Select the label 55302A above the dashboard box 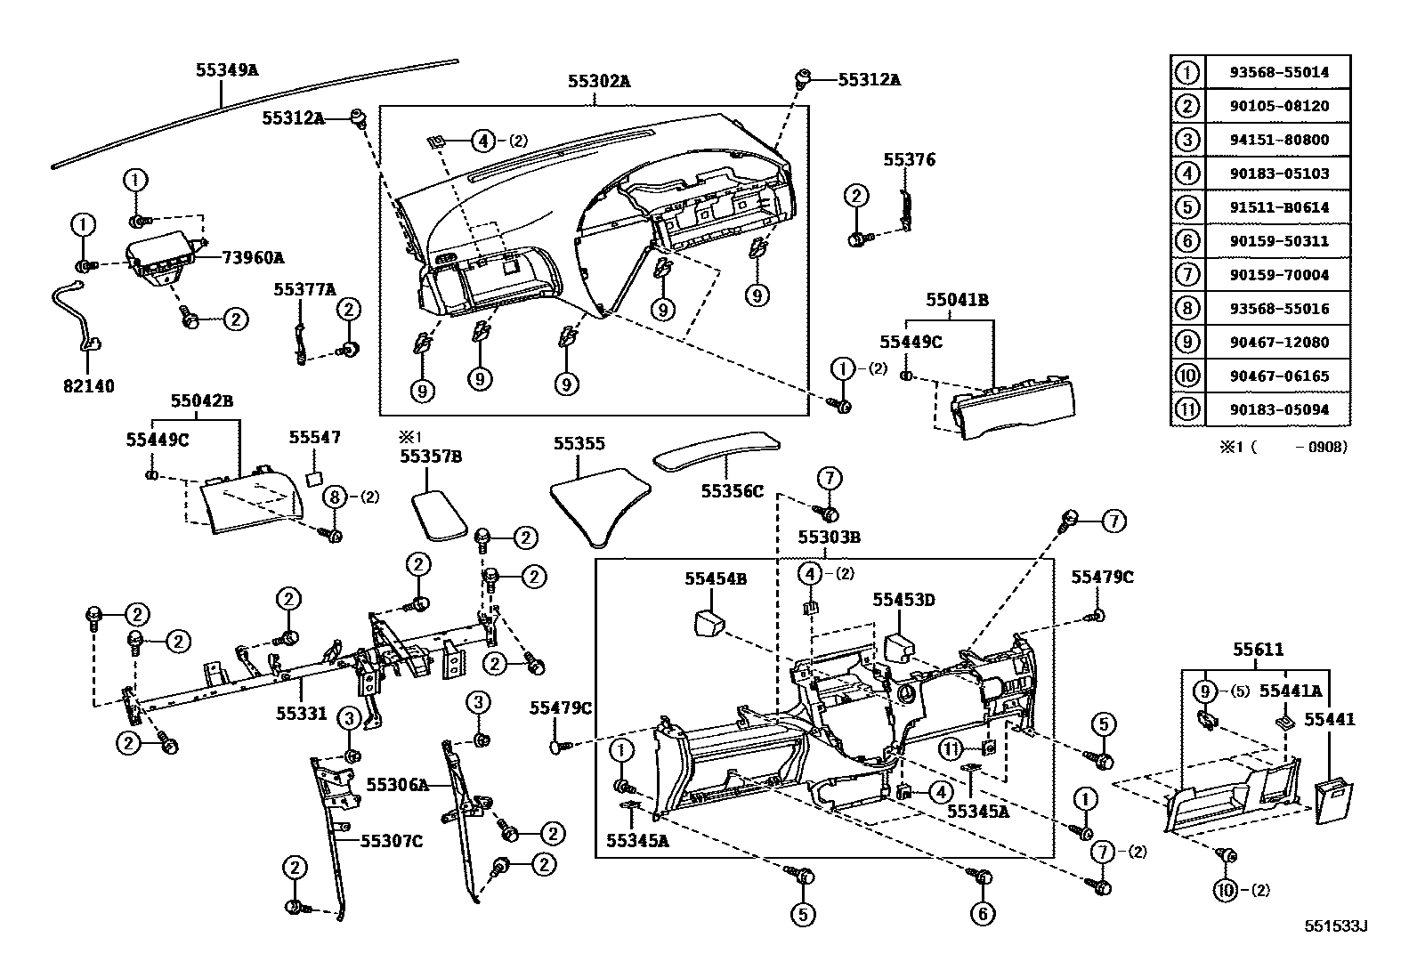click(599, 81)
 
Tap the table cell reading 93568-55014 click(1277, 73)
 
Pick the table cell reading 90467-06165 click(1277, 376)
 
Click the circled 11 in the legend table click(1187, 409)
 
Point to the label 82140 click(88, 387)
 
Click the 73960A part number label click(253, 258)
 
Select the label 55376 click(909, 160)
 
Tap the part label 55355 click(579, 443)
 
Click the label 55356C click(732, 490)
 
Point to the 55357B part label click(431, 457)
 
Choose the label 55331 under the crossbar click(300, 714)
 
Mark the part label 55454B click(716, 579)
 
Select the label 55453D click(903, 601)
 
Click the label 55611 click(1258, 651)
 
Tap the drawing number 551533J click(1335, 926)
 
